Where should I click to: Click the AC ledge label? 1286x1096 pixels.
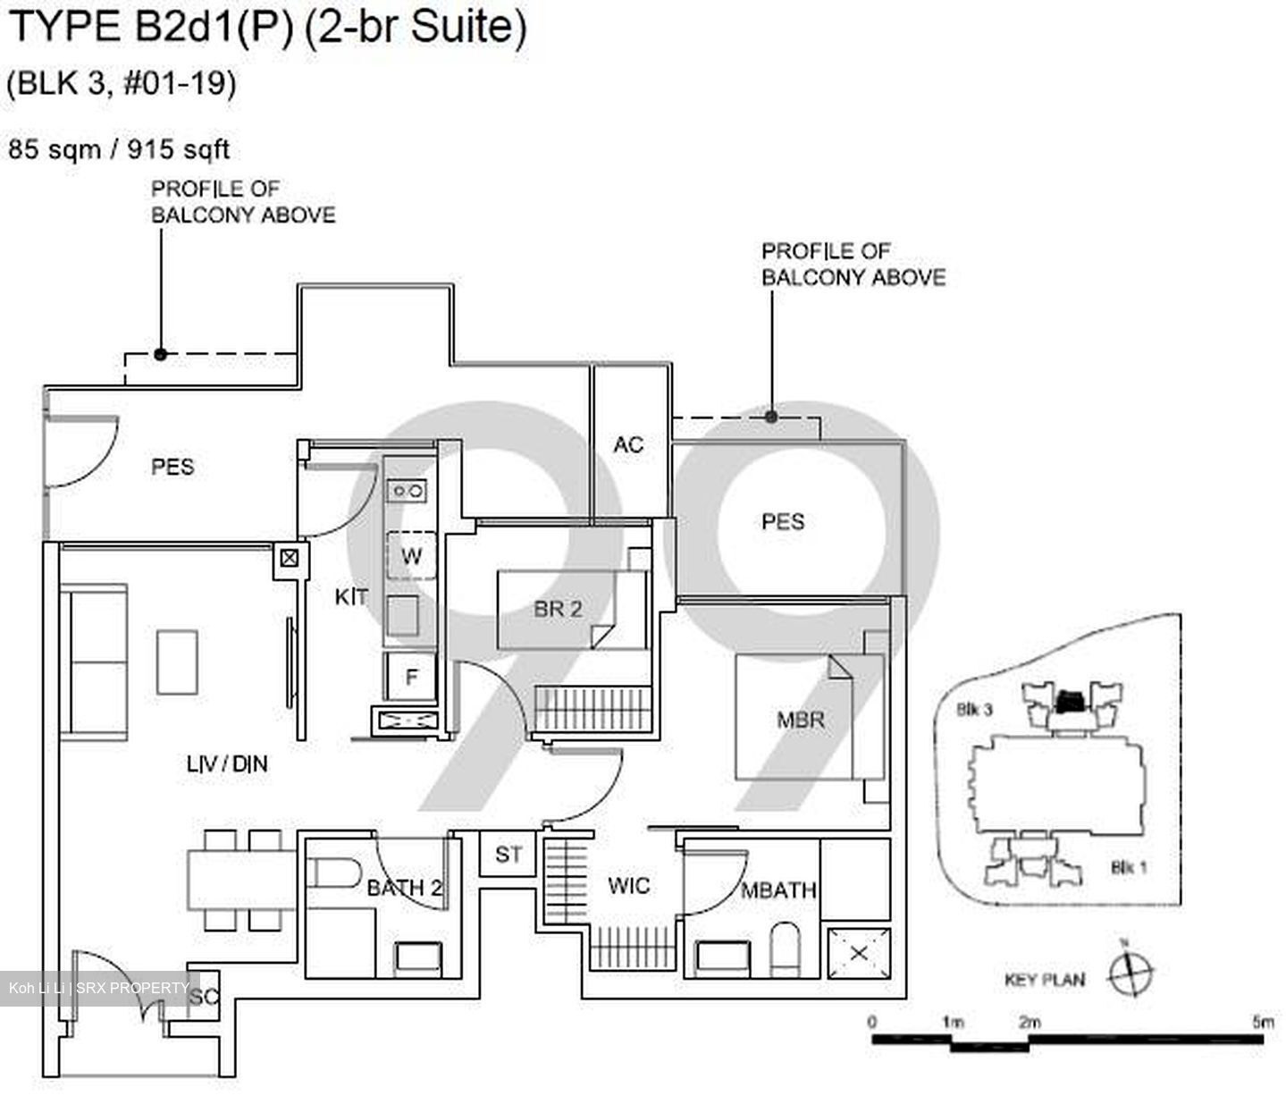628,444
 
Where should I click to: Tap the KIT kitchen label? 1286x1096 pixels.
351,596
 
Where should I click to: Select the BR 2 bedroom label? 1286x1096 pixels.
558,609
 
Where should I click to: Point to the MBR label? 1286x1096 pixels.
800,720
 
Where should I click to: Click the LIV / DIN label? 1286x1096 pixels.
227,763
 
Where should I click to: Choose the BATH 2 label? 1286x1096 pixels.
405,888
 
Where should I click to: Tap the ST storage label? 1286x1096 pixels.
509,855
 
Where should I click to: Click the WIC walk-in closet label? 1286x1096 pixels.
629,886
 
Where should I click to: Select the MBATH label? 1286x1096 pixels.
778,889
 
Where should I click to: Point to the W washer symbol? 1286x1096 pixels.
411,556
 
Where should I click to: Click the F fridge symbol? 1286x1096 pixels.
411,678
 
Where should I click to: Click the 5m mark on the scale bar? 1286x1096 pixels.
1262,1022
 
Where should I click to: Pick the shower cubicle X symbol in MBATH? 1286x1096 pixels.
859,953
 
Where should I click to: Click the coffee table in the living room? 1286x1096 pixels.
177,662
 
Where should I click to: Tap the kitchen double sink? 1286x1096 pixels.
407,490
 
